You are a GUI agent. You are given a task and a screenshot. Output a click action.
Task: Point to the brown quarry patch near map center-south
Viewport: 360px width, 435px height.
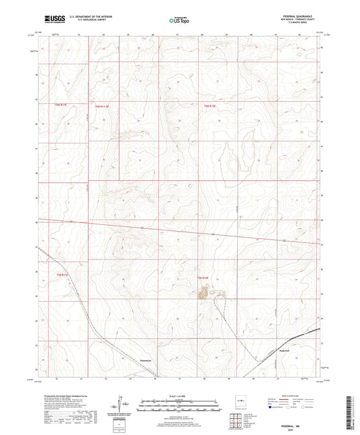[x=203, y=292]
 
